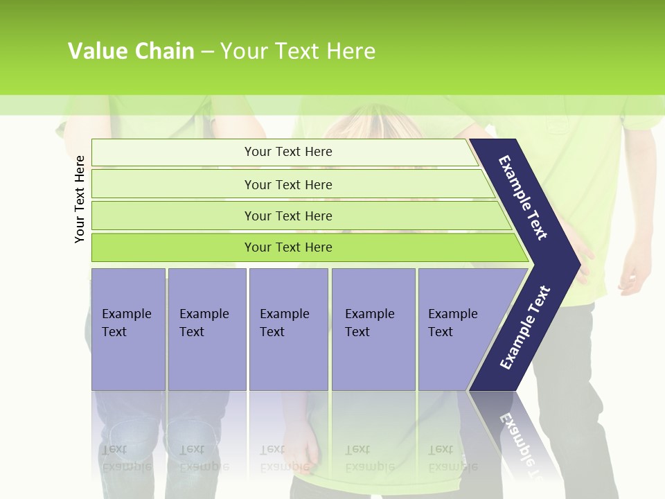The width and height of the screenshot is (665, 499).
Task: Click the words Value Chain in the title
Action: pyautogui.click(x=131, y=51)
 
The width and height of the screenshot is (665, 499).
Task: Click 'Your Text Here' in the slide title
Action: pyautogui.click(x=298, y=51)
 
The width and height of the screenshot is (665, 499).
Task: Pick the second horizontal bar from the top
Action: pyautogui.click(x=287, y=184)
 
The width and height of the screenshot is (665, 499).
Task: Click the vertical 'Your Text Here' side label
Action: pyautogui.click(x=80, y=199)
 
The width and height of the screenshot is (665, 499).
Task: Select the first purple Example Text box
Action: pyautogui.click(x=128, y=329)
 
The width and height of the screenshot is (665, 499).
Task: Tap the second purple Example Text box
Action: pyautogui.click(x=206, y=329)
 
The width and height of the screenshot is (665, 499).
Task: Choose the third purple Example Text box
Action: pyautogui.click(x=288, y=329)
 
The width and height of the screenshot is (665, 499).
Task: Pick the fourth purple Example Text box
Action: pyautogui.click(x=373, y=329)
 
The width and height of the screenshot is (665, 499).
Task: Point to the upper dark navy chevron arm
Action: pyautogui.click(x=523, y=198)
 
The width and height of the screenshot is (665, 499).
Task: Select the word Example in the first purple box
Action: pyautogui.click(x=126, y=314)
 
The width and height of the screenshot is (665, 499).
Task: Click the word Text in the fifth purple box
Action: pyautogui.click(x=441, y=332)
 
